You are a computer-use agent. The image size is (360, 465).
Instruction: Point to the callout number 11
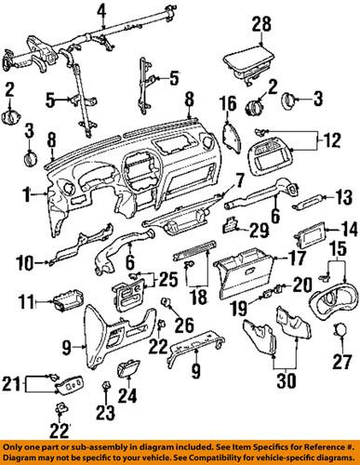pyautogui.click(x=25, y=301)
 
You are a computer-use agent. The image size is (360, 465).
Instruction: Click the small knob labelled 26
pyautogui.click(x=167, y=304)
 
